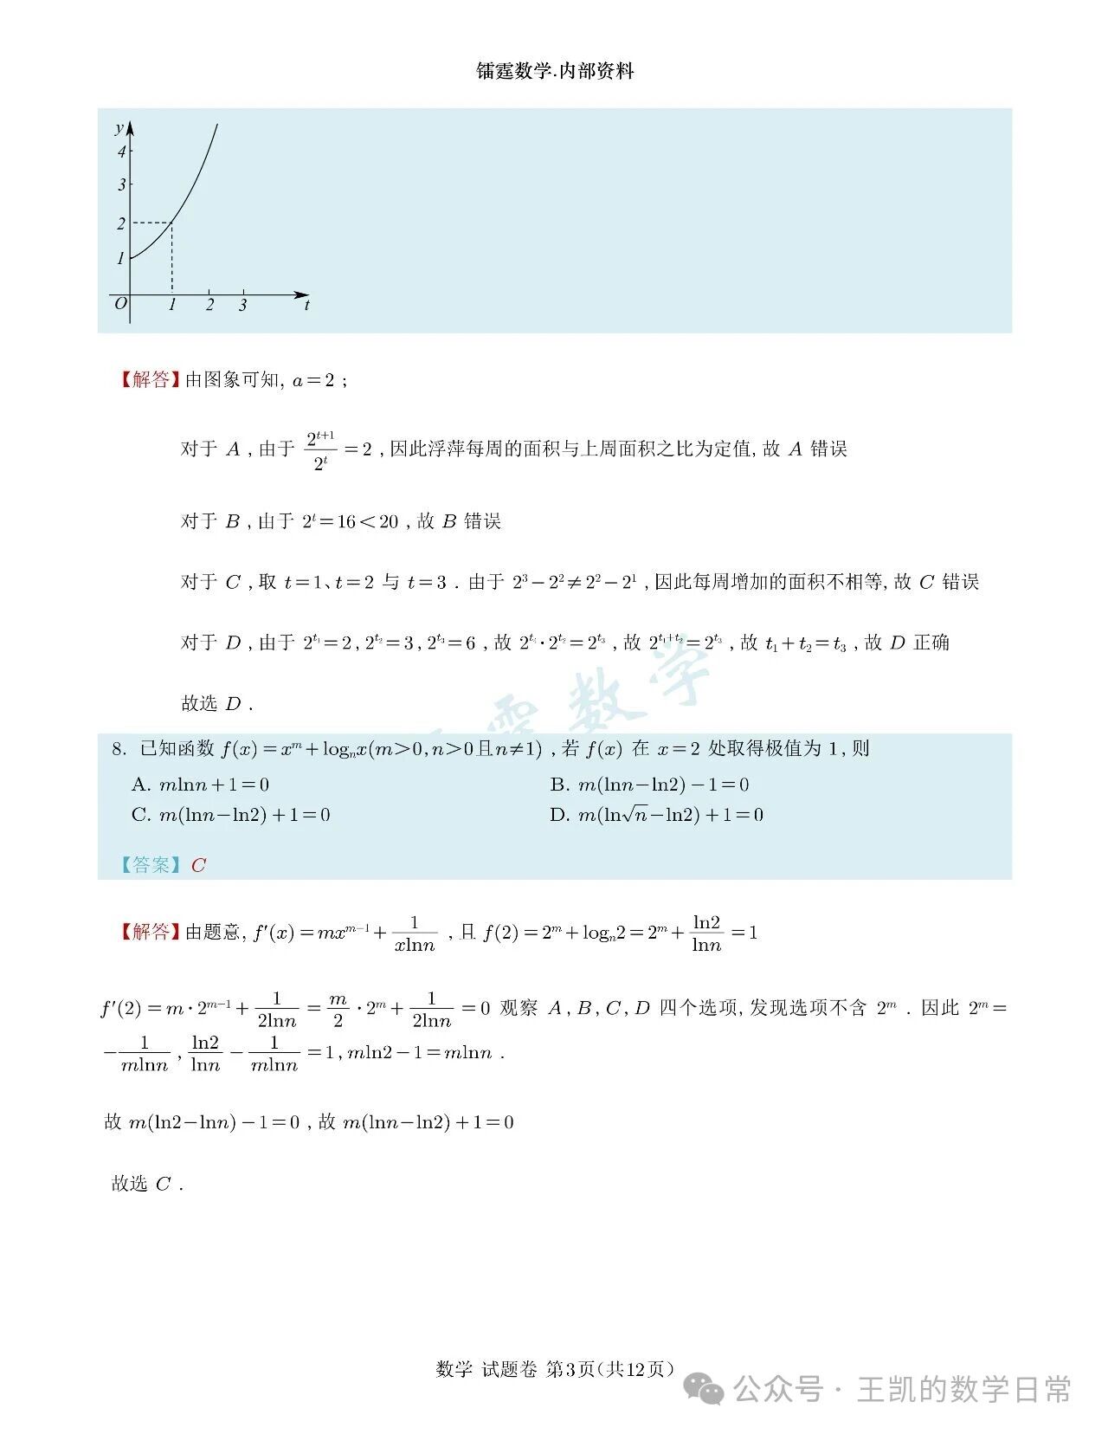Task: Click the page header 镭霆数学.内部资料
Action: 555,72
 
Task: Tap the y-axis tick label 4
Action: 122,152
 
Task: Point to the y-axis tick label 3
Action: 122,184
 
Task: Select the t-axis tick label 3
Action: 242,305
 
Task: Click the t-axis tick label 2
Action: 209,305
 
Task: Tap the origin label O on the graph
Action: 120,303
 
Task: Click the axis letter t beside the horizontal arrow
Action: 306,305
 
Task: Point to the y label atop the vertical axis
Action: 119,129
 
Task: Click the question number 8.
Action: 119,749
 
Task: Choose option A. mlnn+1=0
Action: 200,785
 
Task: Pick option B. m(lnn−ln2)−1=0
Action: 649,785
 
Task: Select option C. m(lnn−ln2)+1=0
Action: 230,815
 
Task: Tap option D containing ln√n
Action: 656,815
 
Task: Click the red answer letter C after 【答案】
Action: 198,865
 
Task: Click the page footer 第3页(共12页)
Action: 611,1369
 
